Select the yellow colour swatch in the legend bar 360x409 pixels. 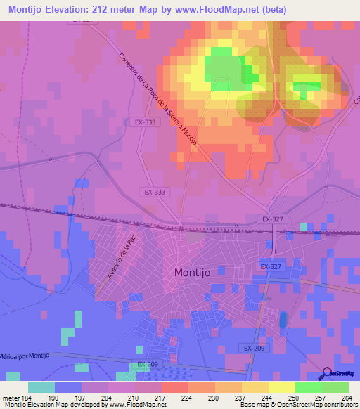(281, 387)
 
